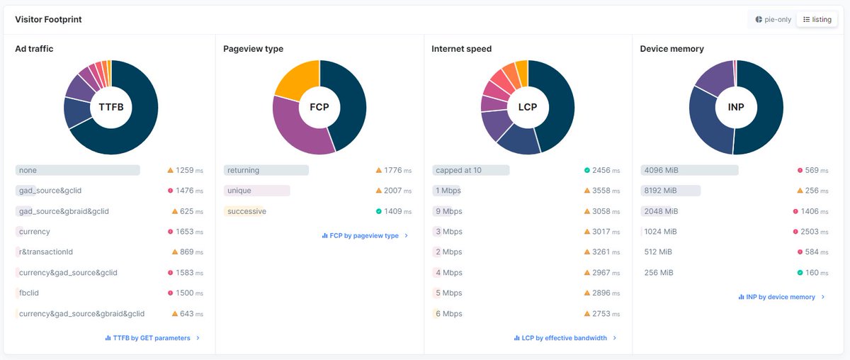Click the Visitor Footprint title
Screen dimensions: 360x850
(48, 19)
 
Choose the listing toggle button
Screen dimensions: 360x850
(817, 19)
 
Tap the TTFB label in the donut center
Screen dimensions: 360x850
(110, 107)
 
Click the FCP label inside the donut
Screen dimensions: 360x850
(319, 107)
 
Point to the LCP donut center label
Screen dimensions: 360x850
(528, 107)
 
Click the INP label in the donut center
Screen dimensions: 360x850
(736, 107)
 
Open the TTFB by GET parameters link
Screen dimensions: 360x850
(152, 338)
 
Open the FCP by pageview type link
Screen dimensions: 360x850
(364, 235)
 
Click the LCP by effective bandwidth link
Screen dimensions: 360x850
(565, 338)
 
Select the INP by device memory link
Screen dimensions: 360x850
(781, 297)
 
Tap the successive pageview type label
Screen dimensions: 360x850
(246, 211)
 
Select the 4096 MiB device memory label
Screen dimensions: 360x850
(660, 170)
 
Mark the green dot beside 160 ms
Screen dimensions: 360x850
(800, 272)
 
